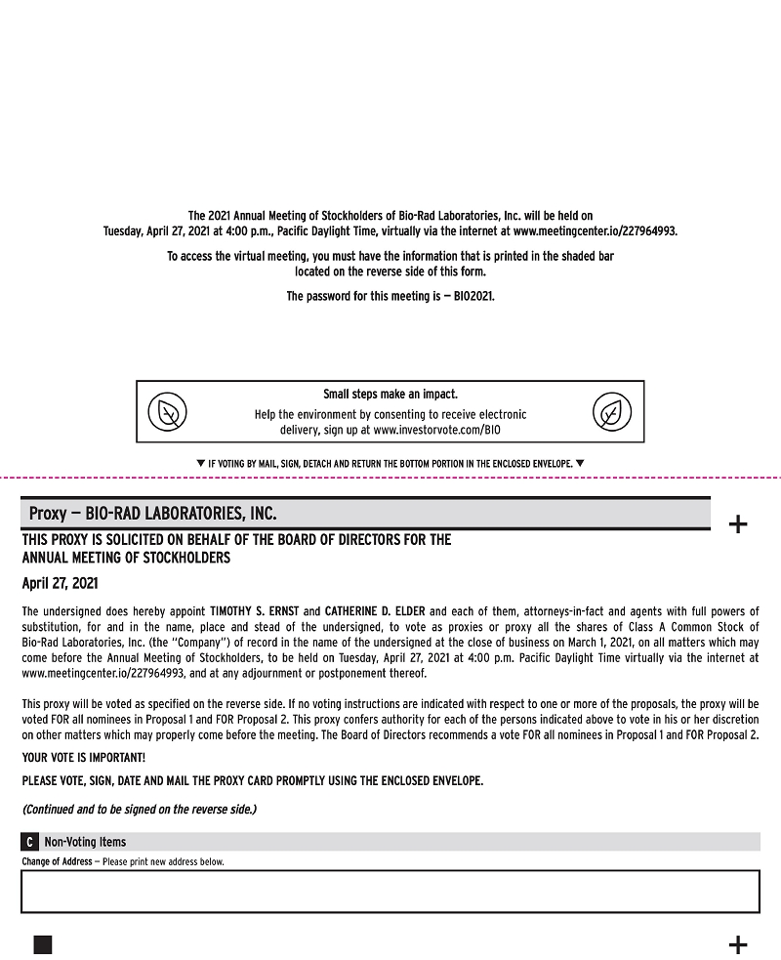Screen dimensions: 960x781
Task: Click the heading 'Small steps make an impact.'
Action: pos(390,395)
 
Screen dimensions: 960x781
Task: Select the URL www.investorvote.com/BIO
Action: pos(436,430)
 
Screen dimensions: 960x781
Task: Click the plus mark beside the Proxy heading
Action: pos(738,524)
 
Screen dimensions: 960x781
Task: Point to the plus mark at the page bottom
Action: pos(738,943)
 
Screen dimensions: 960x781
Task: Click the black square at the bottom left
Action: pos(43,943)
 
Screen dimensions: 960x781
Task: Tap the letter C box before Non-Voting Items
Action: pos(30,842)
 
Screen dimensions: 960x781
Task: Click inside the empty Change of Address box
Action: pos(390,891)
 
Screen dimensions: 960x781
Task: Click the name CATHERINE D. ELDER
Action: pos(375,611)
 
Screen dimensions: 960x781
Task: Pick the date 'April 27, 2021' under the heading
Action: pos(60,584)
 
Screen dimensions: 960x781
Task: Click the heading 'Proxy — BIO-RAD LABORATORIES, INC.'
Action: pos(153,513)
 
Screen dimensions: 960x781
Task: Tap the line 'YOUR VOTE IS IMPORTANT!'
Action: pos(84,758)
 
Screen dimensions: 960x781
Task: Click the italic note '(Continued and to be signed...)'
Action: pos(139,810)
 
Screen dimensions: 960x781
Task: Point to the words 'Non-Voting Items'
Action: pos(85,842)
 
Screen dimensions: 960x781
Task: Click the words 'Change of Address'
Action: pos(57,862)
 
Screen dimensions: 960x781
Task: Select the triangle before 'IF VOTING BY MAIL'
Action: pos(200,463)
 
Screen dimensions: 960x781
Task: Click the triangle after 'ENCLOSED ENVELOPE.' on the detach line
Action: pos(580,463)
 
